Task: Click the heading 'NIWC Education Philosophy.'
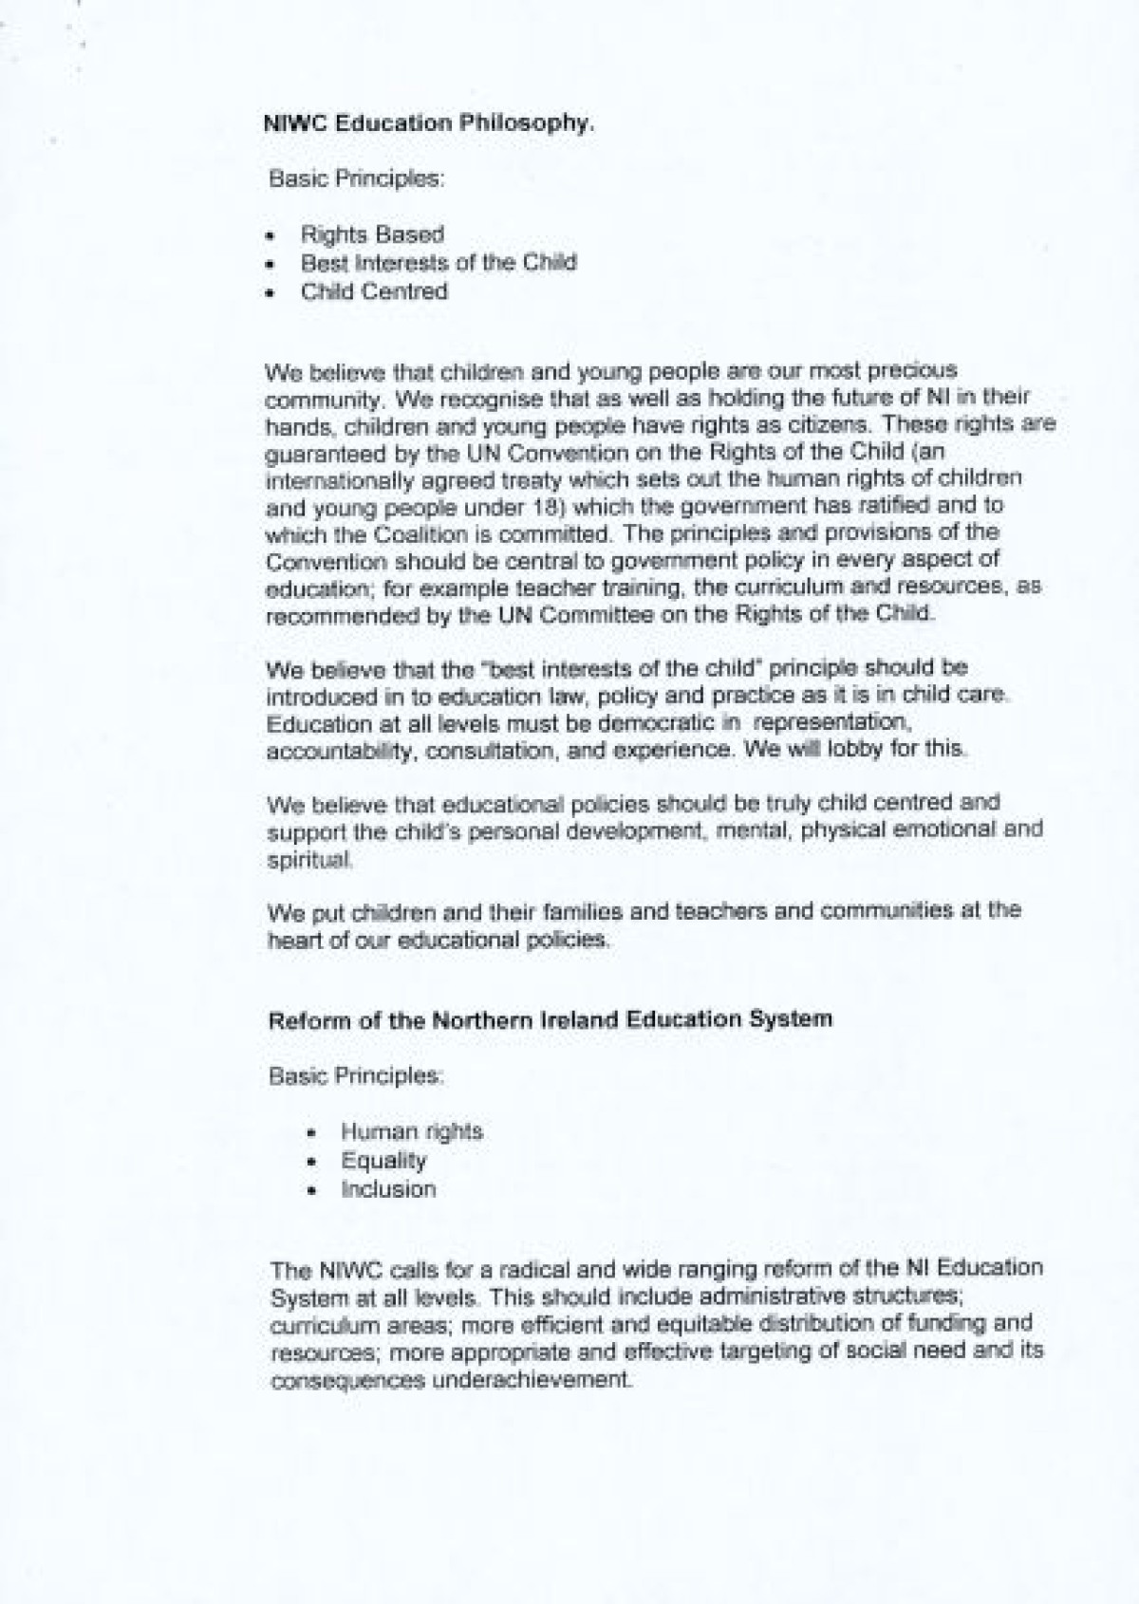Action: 428,122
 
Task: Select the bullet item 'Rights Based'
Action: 372,233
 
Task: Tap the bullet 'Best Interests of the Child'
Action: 439,262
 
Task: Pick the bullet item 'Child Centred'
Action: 374,291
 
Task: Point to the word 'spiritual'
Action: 309,860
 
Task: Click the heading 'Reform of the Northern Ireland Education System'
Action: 551,1020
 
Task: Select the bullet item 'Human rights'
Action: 412,1131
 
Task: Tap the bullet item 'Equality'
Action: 383,1160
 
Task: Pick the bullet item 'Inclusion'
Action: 388,1189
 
